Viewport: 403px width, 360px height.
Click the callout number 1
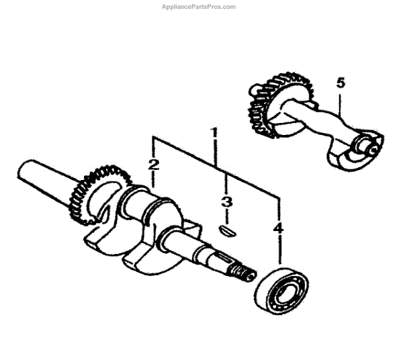[x=216, y=132]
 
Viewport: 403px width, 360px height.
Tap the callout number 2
[x=154, y=164]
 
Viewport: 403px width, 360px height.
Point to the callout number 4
[x=277, y=229]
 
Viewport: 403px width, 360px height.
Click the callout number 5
[x=341, y=83]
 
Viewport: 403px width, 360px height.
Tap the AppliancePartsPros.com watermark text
[x=199, y=7]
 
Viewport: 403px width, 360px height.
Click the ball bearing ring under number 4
[x=281, y=289]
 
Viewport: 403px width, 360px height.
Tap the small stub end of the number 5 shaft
[x=367, y=143]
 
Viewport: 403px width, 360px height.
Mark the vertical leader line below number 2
[x=154, y=180]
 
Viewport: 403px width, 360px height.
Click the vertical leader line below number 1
[x=216, y=152]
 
